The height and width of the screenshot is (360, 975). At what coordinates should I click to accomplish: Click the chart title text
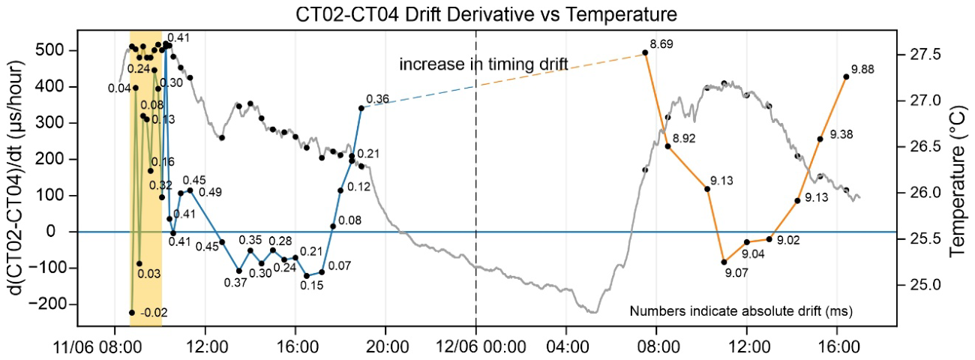[486, 14]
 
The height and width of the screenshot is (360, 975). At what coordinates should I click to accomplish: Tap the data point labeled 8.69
[645, 52]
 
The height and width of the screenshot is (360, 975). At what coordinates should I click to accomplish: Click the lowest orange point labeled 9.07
[724, 262]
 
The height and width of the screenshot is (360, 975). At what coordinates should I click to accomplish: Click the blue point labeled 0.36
[361, 108]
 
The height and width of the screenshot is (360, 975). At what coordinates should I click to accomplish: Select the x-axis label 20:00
[385, 348]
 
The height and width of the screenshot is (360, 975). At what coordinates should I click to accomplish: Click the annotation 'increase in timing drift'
[484, 64]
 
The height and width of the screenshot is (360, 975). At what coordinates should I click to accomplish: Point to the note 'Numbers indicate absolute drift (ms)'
[741, 311]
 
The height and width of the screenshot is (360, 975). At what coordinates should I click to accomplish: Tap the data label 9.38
[841, 135]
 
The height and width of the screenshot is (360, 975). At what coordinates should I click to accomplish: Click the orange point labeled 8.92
[667, 146]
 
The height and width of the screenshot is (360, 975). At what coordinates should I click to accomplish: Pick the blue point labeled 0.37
[239, 271]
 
